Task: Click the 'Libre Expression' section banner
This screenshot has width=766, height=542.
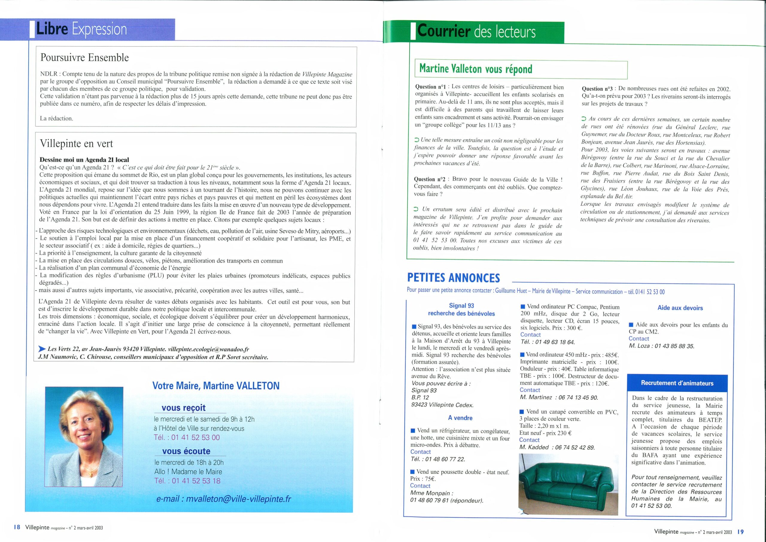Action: (82, 29)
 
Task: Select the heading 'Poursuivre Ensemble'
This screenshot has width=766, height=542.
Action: (84, 57)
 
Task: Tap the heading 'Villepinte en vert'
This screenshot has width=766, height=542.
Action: (76, 144)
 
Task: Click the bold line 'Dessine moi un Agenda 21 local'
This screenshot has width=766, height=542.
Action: (84, 160)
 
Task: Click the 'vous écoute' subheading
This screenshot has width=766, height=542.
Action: (186, 451)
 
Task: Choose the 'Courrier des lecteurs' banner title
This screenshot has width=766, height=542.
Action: (476, 32)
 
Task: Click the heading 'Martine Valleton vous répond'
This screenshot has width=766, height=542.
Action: (475, 69)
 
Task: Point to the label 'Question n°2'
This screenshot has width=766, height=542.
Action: (430, 179)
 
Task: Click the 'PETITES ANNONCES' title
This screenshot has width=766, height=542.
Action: (453, 278)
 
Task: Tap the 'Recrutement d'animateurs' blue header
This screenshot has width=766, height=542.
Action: (677, 383)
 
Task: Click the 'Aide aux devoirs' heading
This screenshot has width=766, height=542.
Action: (680, 308)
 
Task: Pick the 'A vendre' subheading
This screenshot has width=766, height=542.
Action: (460, 418)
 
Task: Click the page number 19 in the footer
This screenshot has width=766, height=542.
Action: (740, 532)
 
